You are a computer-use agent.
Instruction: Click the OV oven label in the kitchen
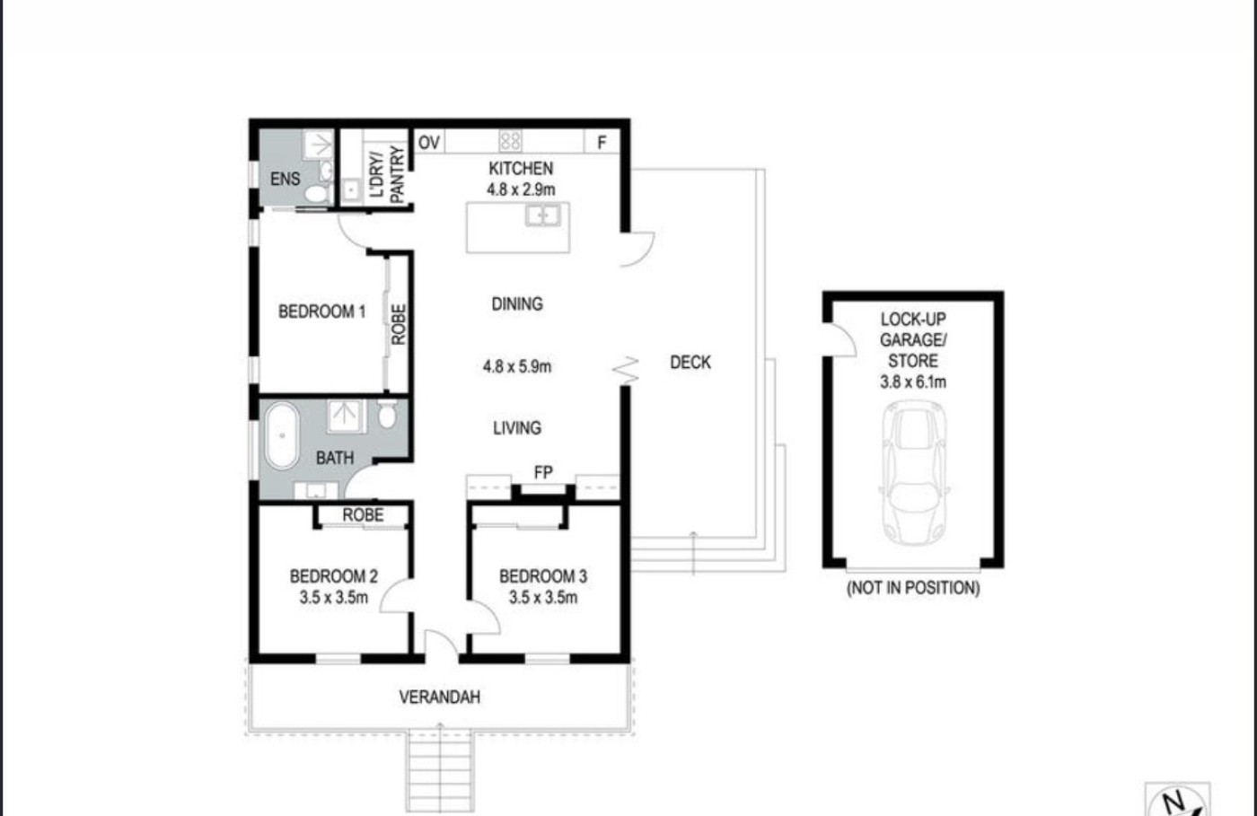pos(429,143)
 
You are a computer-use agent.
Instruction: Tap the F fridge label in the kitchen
pos(602,143)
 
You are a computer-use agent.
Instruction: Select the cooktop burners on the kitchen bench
pos(510,141)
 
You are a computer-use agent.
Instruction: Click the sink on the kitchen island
pos(542,215)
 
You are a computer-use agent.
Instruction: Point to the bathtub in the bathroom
pos(282,435)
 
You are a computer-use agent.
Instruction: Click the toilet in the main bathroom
pos(387,414)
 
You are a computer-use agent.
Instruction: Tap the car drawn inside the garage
pos(914,472)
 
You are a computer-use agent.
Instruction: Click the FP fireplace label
pos(543,472)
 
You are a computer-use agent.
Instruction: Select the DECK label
pos(690,363)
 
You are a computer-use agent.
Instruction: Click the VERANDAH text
pos(439,698)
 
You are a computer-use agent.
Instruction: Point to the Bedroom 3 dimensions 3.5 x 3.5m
pos(542,598)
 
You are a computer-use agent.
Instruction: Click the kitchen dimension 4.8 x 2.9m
pos(521,189)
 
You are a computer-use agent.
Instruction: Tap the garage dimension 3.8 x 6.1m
pos(913,382)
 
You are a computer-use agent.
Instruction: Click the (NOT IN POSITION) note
pos(913,588)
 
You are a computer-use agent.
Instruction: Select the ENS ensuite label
pos(286,179)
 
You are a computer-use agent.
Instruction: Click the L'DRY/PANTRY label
pos(387,174)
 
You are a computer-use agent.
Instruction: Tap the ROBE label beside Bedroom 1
pos(398,324)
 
